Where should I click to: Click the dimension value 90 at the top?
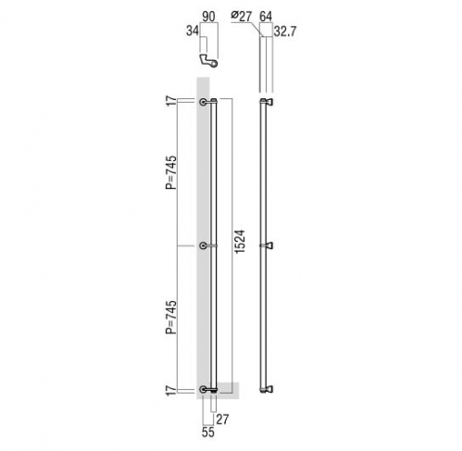click(208, 17)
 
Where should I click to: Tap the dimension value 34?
click(193, 31)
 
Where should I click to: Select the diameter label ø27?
click(242, 16)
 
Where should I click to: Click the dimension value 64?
click(266, 16)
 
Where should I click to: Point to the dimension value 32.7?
click(285, 31)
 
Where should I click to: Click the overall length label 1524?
click(240, 242)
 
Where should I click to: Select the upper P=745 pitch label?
click(171, 172)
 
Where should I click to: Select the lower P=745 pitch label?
click(171, 317)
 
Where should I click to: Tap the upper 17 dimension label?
click(171, 101)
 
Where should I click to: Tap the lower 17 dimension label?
click(171, 390)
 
